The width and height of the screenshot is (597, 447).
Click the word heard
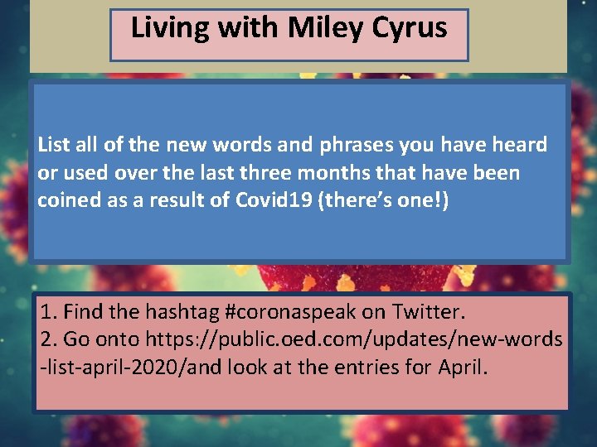pyautogui.click(x=519, y=145)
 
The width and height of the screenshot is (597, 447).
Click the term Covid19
pyautogui.click(x=286, y=201)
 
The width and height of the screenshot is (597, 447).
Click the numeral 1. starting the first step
pyautogui.click(x=48, y=312)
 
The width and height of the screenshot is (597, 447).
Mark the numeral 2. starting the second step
pyautogui.click(x=48, y=339)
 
